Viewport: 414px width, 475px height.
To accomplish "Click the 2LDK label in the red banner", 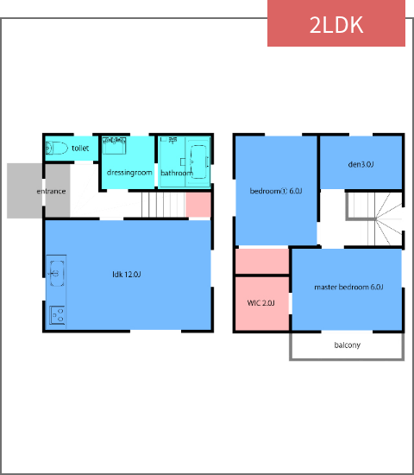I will tap(336, 24).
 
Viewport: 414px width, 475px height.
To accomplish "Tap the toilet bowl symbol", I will tap(58, 148).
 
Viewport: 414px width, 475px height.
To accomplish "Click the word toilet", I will tap(80, 149).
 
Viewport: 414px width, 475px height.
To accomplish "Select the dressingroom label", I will tap(129, 173).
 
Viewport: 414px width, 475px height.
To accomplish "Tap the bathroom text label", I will tap(177, 173).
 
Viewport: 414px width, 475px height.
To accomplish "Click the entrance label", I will tap(51, 191).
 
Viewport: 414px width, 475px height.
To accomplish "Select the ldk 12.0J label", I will tap(127, 274).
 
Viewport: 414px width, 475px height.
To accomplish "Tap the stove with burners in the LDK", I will tap(58, 315).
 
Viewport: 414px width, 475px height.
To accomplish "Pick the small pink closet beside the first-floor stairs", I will tap(198, 205).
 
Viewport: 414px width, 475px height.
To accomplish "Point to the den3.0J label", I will tap(361, 164).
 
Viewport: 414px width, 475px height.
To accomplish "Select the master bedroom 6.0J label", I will tap(348, 287).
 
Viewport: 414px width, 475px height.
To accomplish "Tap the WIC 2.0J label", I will tap(260, 303).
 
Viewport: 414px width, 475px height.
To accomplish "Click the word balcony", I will tap(347, 345).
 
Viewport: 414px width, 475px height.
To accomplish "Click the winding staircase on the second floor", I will tap(376, 218).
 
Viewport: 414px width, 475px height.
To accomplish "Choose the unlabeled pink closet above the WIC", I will tap(261, 261).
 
